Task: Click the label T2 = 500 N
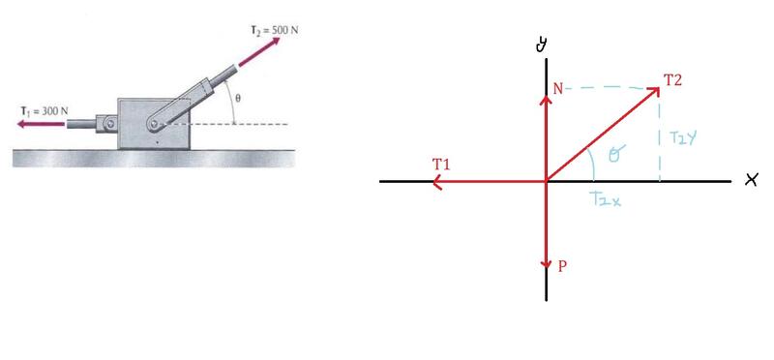(x=275, y=30)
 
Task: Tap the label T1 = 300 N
(x=44, y=110)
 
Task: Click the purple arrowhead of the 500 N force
(x=274, y=42)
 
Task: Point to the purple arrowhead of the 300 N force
(x=22, y=124)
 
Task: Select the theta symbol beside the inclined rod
(x=238, y=99)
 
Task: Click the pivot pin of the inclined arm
(x=155, y=124)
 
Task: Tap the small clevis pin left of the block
(x=112, y=124)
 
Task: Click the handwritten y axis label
(x=541, y=45)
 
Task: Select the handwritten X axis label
(x=751, y=181)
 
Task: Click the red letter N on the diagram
(x=558, y=89)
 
